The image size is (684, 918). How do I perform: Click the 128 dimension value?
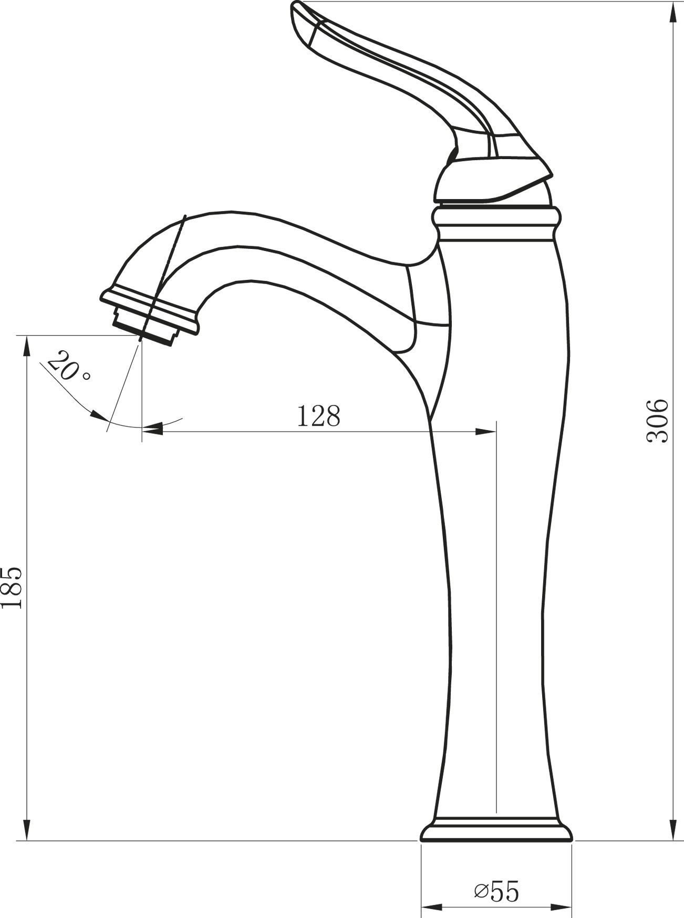click(319, 416)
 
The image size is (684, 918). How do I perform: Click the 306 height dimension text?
click(657, 421)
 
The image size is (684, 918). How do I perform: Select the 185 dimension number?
click(12, 587)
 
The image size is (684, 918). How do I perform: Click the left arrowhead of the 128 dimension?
click(152, 431)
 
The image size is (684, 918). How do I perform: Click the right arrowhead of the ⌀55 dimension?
click(563, 907)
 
